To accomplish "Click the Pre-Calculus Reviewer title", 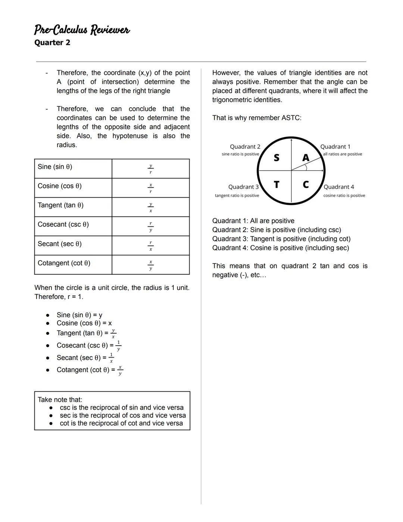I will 82,30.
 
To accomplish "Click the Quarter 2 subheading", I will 52,43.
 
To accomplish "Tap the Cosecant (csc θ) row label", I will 63,225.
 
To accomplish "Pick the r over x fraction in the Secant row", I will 150,246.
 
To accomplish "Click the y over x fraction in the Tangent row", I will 150,207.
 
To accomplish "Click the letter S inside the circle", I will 277,158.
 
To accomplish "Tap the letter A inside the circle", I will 306,158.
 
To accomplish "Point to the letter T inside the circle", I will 277,185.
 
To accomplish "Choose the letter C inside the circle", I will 306,185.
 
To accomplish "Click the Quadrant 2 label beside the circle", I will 245,146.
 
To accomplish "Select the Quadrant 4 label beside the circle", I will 339,187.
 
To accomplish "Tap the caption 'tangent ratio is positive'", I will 237,195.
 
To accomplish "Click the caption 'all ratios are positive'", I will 343,154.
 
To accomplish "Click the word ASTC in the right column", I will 290,118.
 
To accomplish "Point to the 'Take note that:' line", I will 60,399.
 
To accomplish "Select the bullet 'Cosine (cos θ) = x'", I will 84,323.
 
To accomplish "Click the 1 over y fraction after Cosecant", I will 118,345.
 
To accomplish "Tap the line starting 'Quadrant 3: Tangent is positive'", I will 281,239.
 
